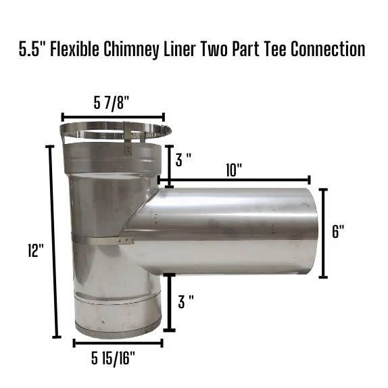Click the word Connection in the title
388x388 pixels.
point(328,49)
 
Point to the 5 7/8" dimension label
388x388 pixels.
point(112,103)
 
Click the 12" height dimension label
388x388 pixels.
point(36,250)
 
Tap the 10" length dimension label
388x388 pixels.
point(234,170)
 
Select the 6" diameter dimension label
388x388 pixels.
point(338,231)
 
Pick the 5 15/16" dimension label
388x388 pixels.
point(113,358)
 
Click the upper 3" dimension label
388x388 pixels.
point(183,160)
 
